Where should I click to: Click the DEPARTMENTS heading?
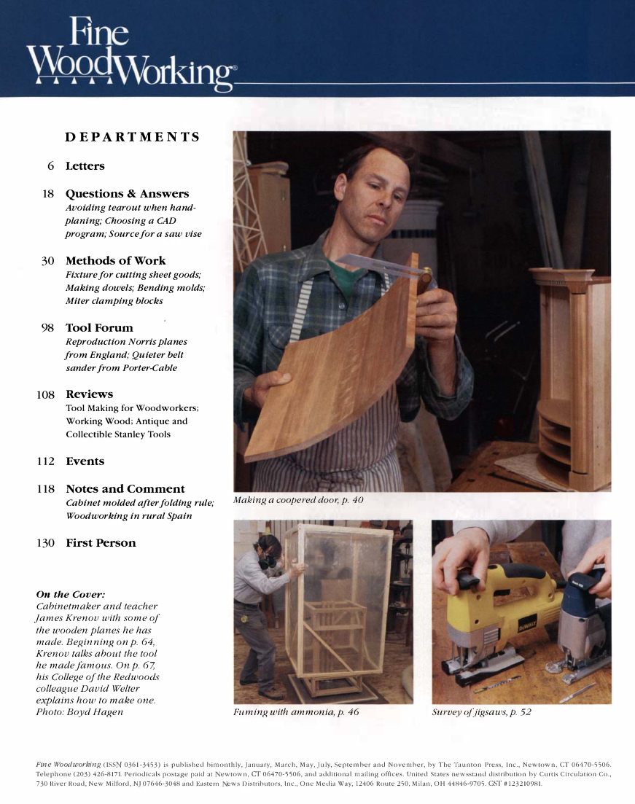(x=132, y=137)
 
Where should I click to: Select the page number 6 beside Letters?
(x=51, y=166)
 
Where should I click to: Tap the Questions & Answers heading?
(x=127, y=194)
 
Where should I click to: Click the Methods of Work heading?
(x=115, y=261)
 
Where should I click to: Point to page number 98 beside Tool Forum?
(x=48, y=328)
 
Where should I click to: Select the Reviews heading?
(x=89, y=394)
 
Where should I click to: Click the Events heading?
(x=85, y=461)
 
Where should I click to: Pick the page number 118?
(x=45, y=489)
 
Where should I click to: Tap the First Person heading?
(x=101, y=543)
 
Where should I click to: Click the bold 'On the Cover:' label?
(x=70, y=594)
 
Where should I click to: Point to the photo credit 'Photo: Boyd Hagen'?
(x=79, y=711)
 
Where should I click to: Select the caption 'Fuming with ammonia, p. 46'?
(x=296, y=711)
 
